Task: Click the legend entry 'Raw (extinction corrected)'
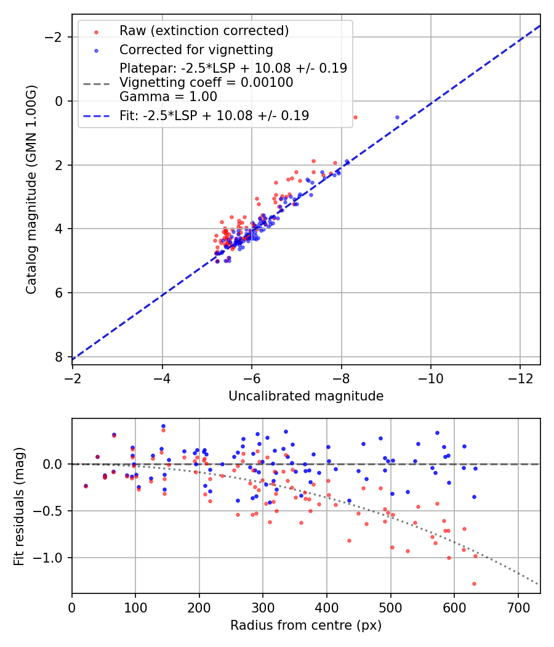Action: pyautogui.click(x=204, y=31)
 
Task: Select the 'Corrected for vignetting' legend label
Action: pyautogui.click(x=196, y=49)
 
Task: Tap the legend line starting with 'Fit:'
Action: pyautogui.click(x=214, y=115)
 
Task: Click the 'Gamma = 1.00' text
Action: pyautogui.click(x=168, y=96)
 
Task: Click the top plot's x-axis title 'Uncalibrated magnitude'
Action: pyautogui.click(x=306, y=396)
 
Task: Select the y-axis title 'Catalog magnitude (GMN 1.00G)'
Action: pyautogui.click(x=31, y=190)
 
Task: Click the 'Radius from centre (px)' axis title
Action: pyautogui.click(x=306, y=625)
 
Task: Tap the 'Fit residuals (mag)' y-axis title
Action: pyautogui.click(x=19, y=506)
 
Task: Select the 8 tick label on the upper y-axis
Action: pyautogui.click(x=58, y=357)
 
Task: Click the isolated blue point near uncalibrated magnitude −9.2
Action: pyautogui.click(x=397, y=117)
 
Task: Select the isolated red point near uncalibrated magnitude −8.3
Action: pyautogui.click(x=355, y=117)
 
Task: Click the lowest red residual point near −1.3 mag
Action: pyautogui.click(x=474, y=584)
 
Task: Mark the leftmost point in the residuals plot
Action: pyautogui.click(x=86, y=486)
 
